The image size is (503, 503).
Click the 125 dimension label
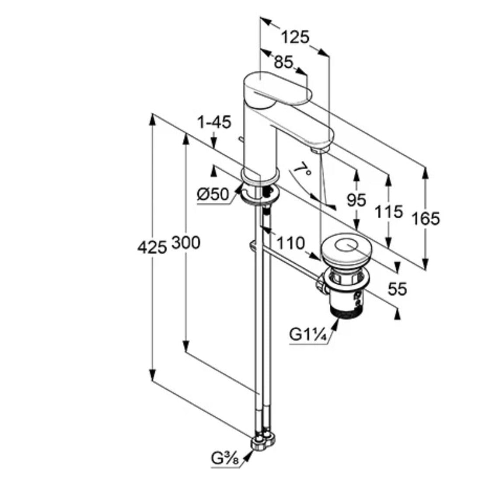point(295,37)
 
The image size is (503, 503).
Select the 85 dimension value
point(283,63)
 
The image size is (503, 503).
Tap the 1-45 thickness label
point(213,122)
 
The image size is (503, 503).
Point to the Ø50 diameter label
point(213,194)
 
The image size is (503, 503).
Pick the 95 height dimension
point(356,200)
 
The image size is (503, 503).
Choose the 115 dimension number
point(388,212)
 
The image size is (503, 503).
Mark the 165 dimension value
point(425,218)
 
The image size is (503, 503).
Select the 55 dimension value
point(397,289)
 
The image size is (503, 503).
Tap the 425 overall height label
point(152,248)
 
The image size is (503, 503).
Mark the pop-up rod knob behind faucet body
point(239,139)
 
